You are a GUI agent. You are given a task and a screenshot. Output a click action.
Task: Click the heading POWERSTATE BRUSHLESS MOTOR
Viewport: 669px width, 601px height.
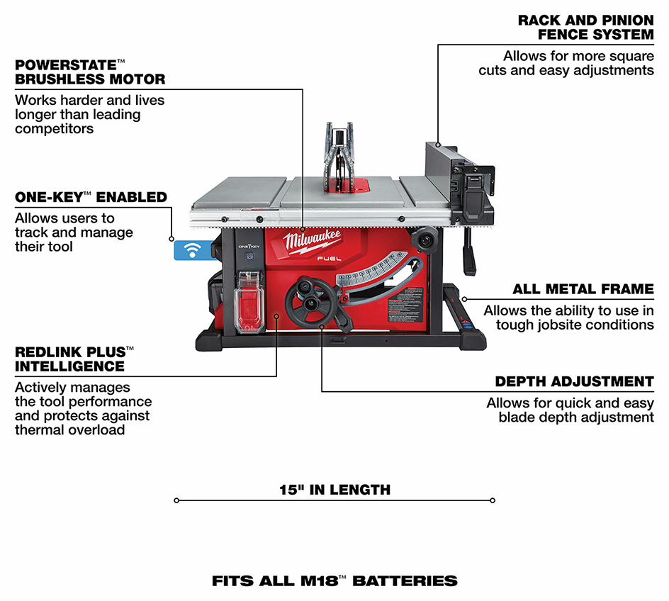coord(90,72)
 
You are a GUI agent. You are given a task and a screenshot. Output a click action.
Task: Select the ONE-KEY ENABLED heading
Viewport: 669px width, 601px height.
coord(91,197)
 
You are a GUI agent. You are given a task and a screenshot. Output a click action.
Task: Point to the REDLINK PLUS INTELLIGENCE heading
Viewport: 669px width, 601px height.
coord(74,359)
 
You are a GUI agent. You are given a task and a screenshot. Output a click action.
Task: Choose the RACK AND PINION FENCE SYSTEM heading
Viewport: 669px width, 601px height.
coord(585,27)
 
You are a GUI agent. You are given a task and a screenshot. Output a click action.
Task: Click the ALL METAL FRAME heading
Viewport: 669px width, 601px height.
coord(583,289)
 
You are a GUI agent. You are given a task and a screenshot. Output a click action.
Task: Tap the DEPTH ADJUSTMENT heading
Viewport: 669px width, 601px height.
coord(574,381)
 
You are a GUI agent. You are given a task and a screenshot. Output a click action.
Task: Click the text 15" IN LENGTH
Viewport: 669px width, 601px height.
coord(334,489)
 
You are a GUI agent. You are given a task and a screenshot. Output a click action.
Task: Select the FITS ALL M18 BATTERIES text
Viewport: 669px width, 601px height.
coord(334,581)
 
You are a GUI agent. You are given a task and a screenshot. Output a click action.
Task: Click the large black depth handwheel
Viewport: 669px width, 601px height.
coord(310,305)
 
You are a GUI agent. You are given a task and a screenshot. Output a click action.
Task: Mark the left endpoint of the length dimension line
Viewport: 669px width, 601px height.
coord(176,500)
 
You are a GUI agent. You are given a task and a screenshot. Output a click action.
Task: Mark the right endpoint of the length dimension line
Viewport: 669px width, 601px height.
coord(493,500)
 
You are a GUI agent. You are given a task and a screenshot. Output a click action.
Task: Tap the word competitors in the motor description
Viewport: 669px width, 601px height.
coord(54,128)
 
